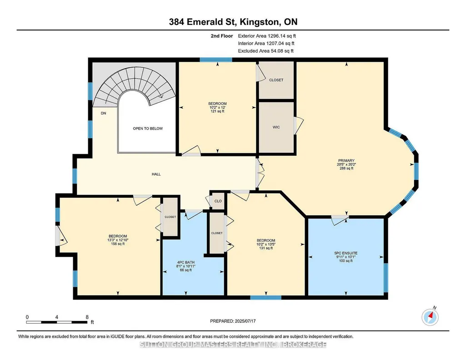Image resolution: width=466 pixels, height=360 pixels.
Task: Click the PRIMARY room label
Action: pos(346,161)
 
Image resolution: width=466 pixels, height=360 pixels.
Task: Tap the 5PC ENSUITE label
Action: pos(346,253)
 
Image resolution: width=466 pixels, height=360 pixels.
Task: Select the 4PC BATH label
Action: pos(186,263)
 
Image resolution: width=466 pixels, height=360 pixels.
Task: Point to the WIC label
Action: pos(276,127)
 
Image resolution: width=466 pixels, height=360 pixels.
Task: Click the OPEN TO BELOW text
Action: pos(148,129)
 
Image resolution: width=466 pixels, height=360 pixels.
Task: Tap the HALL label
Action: pos(156,175)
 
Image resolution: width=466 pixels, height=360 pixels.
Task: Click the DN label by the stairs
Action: pos(103,113)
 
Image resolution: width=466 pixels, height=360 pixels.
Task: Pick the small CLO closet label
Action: pos(218,201)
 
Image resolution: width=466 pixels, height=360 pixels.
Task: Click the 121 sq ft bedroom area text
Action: pos(217,111)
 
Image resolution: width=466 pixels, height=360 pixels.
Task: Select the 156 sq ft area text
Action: pos(118,244)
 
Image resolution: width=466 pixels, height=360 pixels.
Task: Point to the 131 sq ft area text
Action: pos(266,248)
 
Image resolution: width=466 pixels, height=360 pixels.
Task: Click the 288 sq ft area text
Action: pos(346,168)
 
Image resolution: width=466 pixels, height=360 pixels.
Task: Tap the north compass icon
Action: pos(430,317)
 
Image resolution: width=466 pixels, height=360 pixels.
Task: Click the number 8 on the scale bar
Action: pos(87,317)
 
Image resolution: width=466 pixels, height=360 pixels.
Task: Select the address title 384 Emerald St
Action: pos(202,22)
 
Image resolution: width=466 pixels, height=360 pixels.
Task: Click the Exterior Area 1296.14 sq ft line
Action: pos(267,36)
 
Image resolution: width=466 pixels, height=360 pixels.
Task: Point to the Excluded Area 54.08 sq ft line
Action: pos(266,51)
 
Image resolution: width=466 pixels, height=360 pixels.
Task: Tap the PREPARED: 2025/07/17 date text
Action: pos(233,321)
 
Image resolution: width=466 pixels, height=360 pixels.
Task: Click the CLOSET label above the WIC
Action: pos(276,80)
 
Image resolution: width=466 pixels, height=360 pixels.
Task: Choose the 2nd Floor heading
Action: pos(222,36)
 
